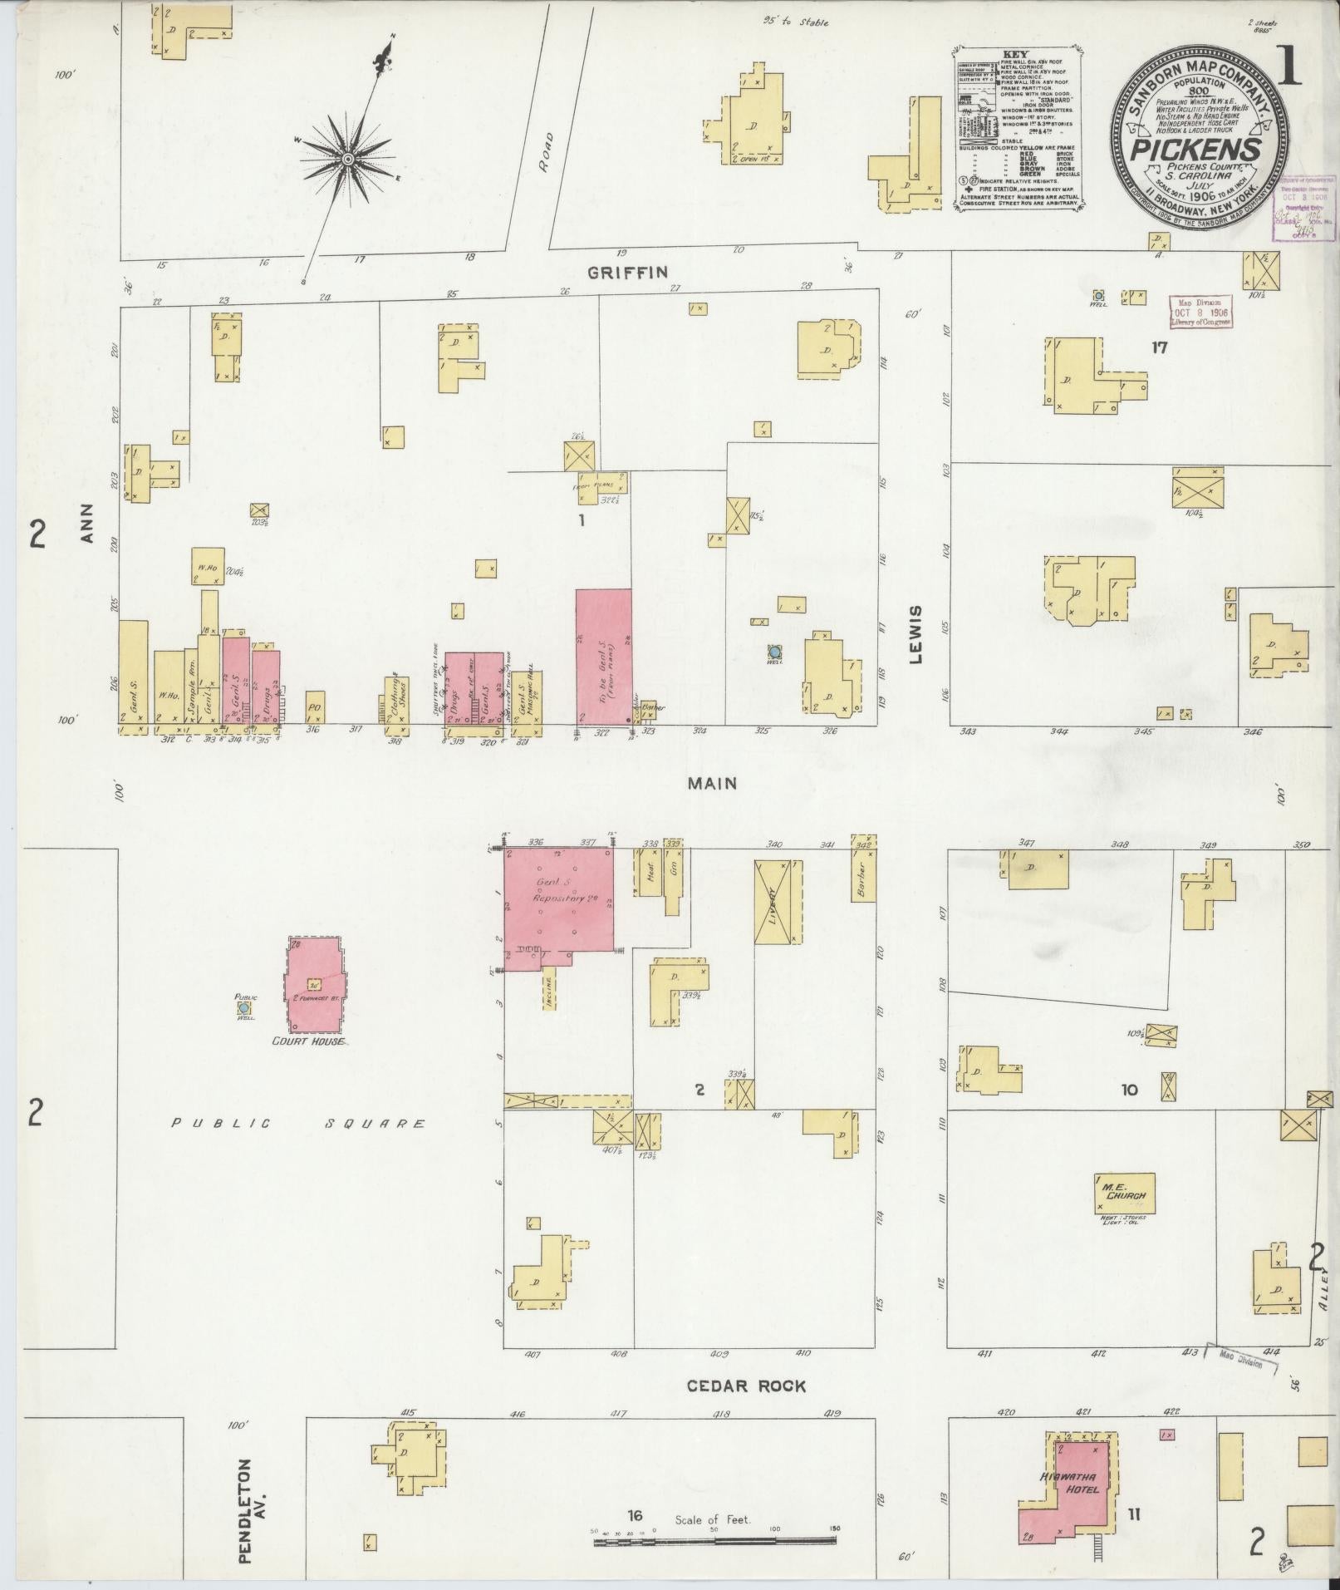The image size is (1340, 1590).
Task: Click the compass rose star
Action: tap(347, 158)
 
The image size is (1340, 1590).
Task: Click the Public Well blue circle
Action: tap(245, 1008)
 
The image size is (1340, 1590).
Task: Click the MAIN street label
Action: tap(712, 782)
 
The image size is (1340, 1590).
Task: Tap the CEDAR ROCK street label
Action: tap(746, 1386)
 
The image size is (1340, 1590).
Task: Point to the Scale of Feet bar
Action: tap(714, 1541)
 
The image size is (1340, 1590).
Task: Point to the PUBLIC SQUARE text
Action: tap(298, 1124)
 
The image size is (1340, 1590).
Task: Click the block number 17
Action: tap(1159, 348)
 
